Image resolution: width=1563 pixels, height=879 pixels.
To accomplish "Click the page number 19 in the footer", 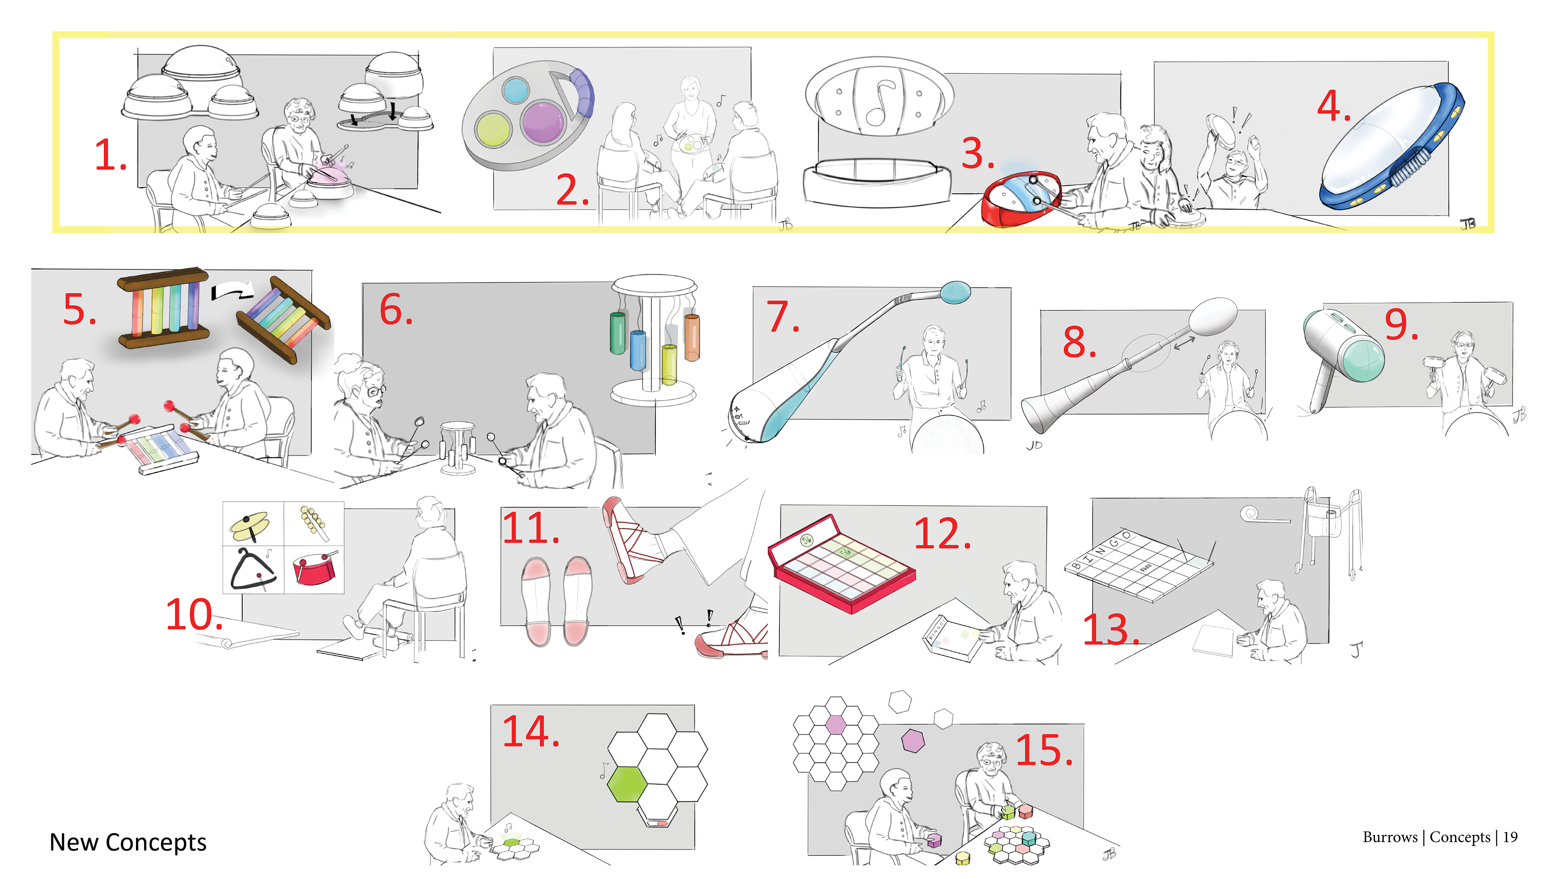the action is [x=1510, y=837].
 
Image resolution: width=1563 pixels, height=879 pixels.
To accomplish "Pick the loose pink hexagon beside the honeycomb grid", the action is [x=913, y=740].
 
